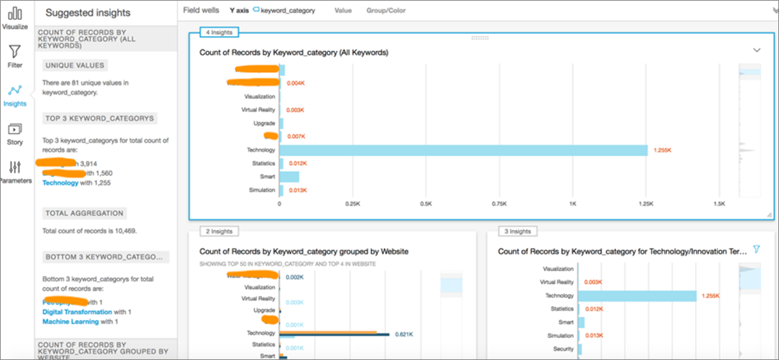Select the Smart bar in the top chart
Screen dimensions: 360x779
point(289,177)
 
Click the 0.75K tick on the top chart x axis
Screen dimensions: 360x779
point(499,203)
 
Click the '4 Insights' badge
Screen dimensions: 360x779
point(218,33)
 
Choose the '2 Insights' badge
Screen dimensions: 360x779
point(218,231)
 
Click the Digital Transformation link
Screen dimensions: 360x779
point(77,312)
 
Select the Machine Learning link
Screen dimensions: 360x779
point(70,321)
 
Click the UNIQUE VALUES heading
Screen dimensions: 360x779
point(75,65)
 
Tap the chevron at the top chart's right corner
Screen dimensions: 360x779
point(757,50)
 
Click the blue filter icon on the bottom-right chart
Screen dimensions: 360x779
point(756,249)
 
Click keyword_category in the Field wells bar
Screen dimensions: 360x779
point(288,11)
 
